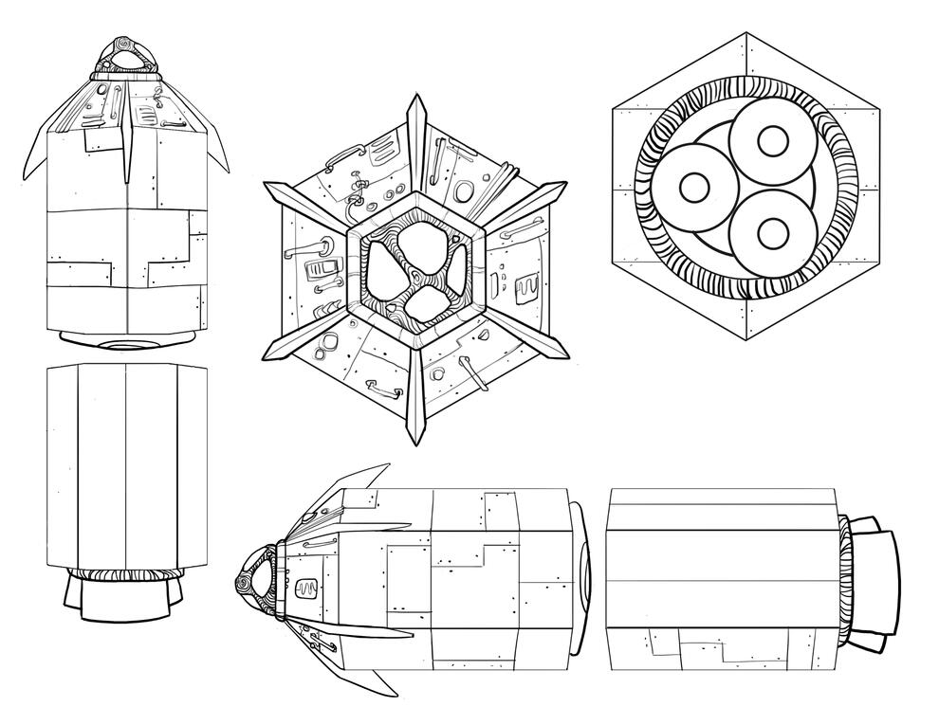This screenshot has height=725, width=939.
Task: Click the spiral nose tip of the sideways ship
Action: [248, 580]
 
